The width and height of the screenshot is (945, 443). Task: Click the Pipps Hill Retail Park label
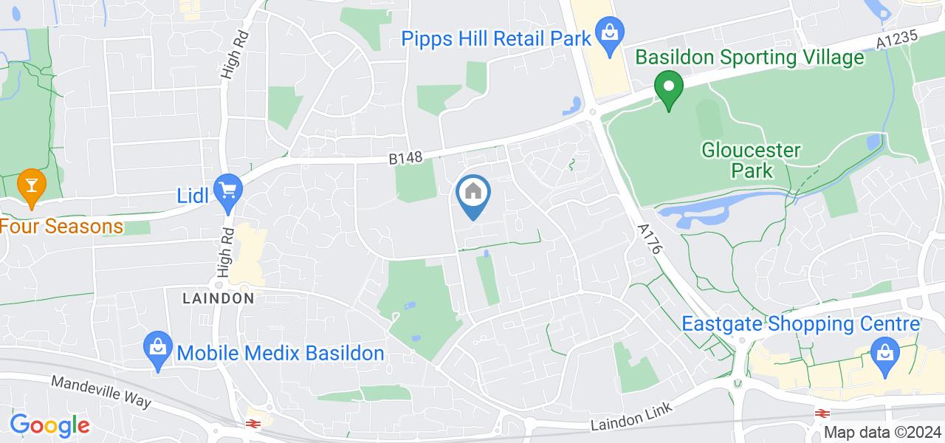pos(498,38)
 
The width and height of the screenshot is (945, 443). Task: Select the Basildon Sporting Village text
pos(749,57)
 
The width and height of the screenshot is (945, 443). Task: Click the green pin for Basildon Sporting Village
pos(669,89)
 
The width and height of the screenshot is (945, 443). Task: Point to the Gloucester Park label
pos(752,160)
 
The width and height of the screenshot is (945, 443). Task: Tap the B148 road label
pos(405,158)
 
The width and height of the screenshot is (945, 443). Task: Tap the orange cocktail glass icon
pos(30,183)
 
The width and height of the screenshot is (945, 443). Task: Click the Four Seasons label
pos(61,226)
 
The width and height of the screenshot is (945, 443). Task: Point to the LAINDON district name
pos(219,298)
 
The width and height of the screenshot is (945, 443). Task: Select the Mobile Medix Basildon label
pos(281,353)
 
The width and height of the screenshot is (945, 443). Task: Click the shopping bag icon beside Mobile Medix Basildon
pos(157,348)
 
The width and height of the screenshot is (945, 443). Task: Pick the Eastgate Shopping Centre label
pos(800,324)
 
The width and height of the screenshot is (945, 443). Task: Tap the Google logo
pos(49,425)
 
